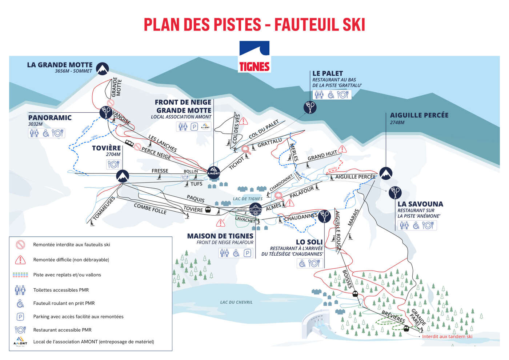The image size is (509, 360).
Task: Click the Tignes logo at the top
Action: point(254,57)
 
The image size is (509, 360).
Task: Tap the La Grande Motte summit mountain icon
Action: point(103,68)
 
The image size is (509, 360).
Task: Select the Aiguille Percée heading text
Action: point(419,115)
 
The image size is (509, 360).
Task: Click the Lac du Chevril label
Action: point(236,302)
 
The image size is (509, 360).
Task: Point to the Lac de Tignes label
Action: point(248,199)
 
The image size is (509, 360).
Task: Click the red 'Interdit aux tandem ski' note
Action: point(447,336)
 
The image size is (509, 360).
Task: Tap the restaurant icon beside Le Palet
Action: point(343,95)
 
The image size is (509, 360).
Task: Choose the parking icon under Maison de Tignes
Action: point(247,253)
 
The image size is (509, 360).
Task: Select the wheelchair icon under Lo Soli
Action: point(302,263)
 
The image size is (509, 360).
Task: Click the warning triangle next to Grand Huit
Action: point(342,149)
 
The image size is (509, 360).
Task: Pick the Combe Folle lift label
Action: point(150,209)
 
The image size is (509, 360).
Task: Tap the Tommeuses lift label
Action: point(104,208)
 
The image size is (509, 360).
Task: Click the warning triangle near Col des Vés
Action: point(243,121)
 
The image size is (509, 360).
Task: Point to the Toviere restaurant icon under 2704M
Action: point(113,164)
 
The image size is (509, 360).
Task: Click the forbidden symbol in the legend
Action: point(20,245)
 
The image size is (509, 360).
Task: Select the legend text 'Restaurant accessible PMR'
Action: point(62,330)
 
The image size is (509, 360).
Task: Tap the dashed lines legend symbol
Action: point(20,275)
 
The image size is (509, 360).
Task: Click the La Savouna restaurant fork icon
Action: point(395,193)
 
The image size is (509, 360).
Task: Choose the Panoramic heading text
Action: point(50,118)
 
